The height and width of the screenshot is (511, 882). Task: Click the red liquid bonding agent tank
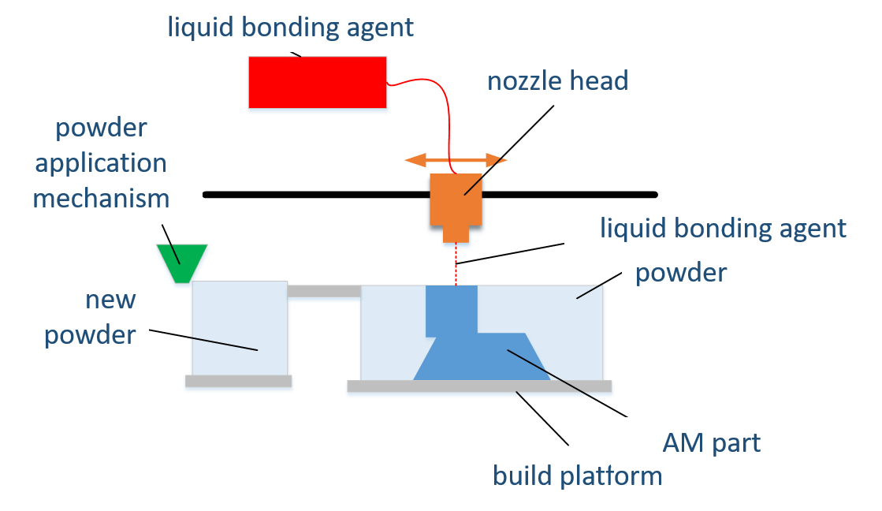click(318, 83)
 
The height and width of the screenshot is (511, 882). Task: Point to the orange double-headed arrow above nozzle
click(456, 161)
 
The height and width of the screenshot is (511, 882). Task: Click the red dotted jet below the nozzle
click(456, 267)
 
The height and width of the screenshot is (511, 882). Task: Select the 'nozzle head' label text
click(557, 80)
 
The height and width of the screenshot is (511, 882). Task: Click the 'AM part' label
click(712, 442)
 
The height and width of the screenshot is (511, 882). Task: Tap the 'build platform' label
click(577, 476)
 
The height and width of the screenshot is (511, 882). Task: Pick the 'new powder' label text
click(90, 317)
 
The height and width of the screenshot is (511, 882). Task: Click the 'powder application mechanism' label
click(101, 162)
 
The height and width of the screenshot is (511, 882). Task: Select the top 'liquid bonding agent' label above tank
click(290, 27)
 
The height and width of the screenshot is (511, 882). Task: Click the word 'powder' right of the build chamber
click(681, 273)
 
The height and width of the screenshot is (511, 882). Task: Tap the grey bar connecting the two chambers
click(324, 292)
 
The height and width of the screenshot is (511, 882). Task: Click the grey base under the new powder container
click(239, 382)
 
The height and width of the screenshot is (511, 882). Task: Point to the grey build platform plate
click(479, 387)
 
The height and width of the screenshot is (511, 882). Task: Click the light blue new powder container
click(240, 327)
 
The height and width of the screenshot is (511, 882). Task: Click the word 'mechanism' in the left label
click(101, 197)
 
